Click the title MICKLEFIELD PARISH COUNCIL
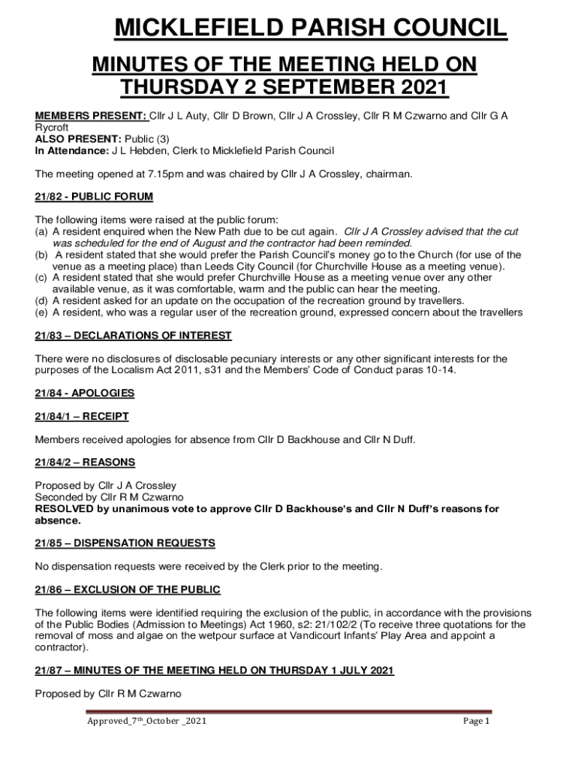tap(310, 30)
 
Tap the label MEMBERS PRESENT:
tap(91, 116)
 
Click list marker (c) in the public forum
tap(42, 278)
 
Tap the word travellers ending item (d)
tap(438, 300)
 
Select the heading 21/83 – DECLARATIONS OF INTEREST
tap(133, 336)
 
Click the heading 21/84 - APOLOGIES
tap(85, 393)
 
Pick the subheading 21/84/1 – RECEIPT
tap(82, 416)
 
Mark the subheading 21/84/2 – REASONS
tap(85, 462)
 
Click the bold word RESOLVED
tap(65, 509)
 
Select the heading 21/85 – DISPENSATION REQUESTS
tap(125, 543)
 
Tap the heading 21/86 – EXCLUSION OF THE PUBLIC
tap(128, 590)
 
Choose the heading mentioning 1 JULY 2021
tap(215, 670)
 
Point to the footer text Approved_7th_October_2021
tap(146, 722)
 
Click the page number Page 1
tap(476, 722)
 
